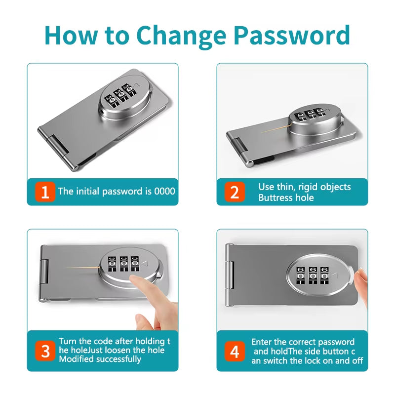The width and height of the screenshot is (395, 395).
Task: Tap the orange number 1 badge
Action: click(45, 192)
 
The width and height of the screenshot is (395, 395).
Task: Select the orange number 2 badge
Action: click(235, 192)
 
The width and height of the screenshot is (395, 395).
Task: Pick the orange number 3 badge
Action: click(45, 351)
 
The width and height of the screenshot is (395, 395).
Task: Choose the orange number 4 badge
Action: click(235, 351)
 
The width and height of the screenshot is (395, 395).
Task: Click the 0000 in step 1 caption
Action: click(164, 191)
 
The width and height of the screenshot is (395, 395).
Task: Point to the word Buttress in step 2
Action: click(275, 197)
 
